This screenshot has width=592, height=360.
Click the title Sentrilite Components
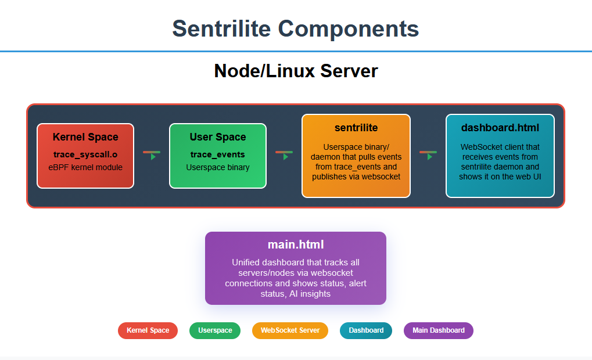coord(295,28)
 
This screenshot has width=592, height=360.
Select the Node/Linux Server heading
coord(296,71)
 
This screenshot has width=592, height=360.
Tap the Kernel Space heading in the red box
coord(85,138)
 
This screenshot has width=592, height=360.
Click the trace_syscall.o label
coord(85,154)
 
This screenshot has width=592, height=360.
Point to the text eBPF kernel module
coord(85,167)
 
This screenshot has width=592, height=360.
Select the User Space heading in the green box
coord(218,138)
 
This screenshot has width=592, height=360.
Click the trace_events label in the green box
coord(218,154)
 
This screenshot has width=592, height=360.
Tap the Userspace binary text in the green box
coord(218,167)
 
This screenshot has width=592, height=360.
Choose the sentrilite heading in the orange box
coord(356,128)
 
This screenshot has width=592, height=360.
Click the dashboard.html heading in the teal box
coord(500,128)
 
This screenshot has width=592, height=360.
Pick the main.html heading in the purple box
coord(296,244)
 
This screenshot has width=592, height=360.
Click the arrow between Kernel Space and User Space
coord(152,154)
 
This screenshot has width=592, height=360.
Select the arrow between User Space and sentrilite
coord(284,154)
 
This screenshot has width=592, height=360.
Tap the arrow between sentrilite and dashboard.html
coord(428,154)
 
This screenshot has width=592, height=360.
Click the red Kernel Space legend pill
coord(148,330)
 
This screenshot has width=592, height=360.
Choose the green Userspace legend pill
coord(215,330)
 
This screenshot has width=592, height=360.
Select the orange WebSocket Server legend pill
coord(290,330)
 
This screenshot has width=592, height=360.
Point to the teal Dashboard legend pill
coord(366,330)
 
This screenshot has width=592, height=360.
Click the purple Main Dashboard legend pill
coord(439,330)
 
